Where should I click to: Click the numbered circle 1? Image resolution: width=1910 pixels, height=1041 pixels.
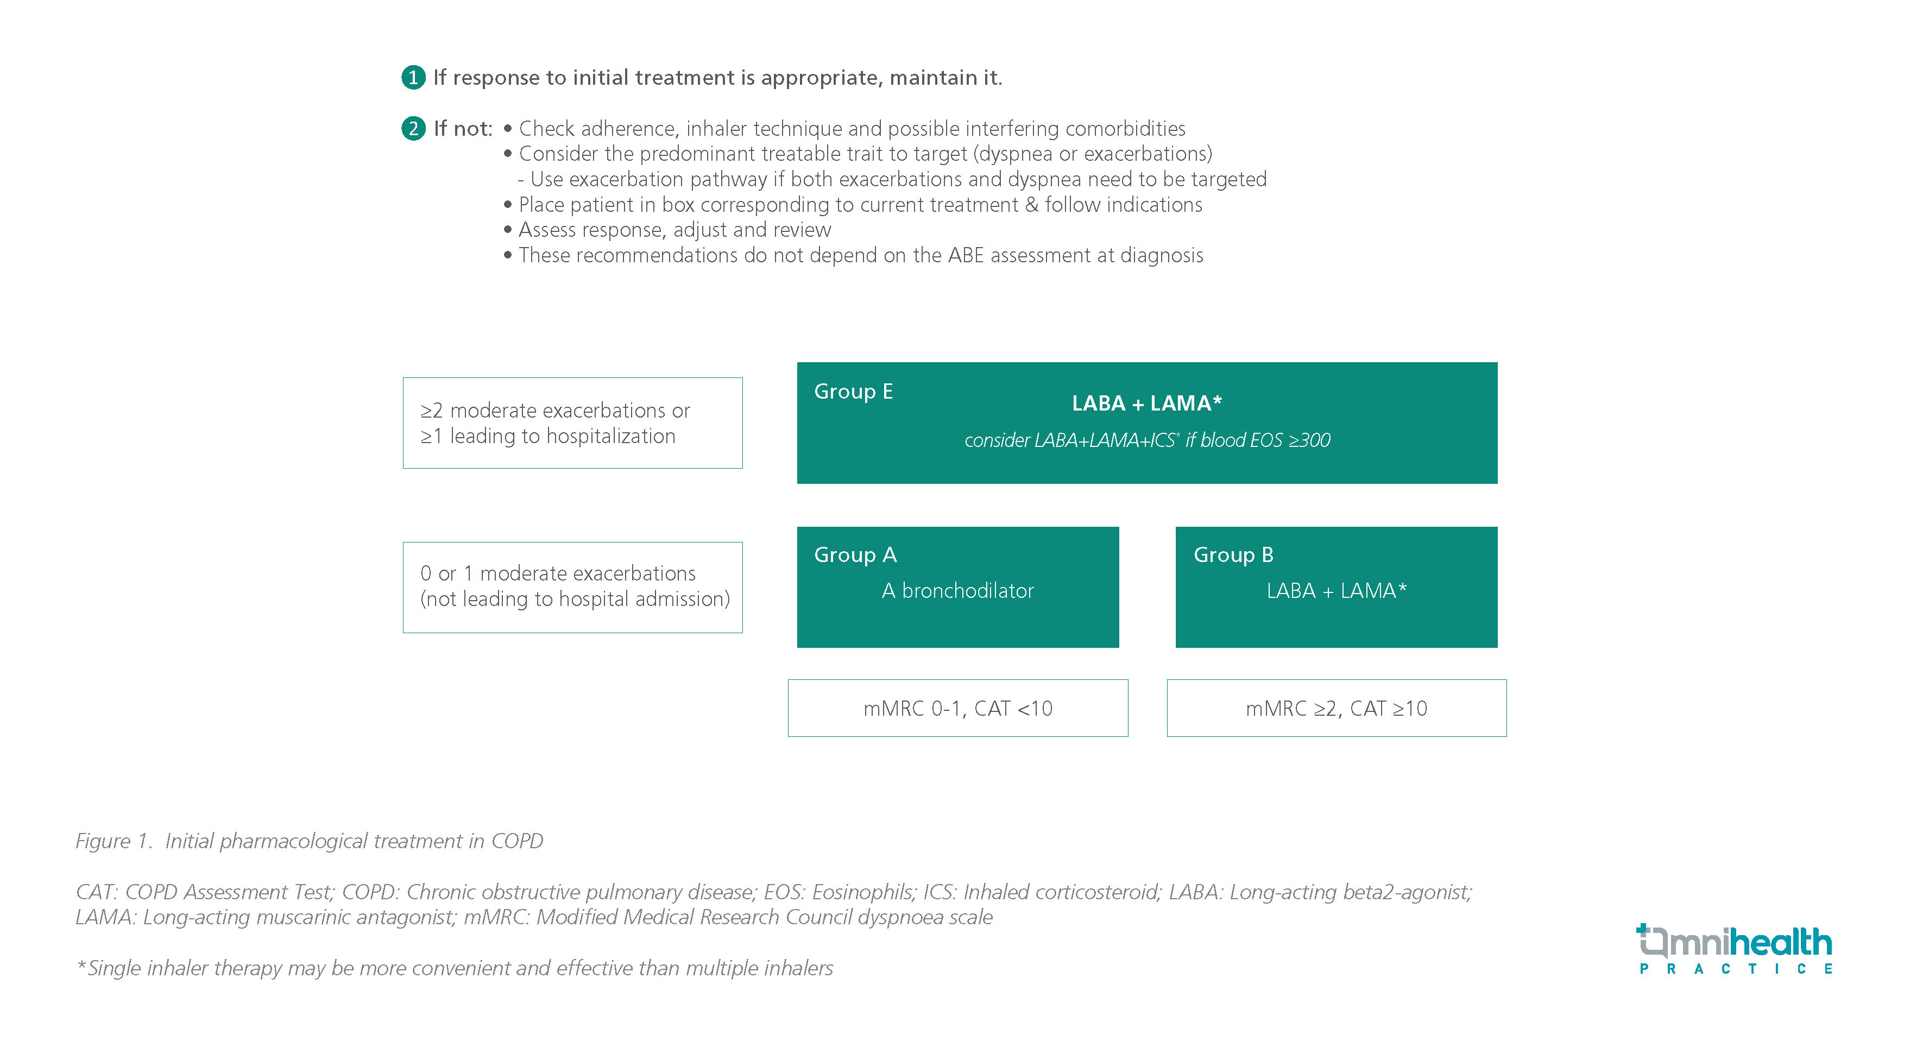click(413, 77)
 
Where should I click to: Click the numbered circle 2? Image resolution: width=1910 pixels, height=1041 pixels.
click(413, 128)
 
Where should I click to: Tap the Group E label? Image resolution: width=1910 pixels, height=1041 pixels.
click(853, 391)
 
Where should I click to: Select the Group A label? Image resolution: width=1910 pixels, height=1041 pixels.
click(855, 554)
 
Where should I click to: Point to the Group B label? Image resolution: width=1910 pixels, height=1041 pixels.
click(1233, 554)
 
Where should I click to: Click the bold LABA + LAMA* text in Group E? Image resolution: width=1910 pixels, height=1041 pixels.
click(1146, 403)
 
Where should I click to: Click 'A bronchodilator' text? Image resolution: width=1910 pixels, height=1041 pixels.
click(957, 591)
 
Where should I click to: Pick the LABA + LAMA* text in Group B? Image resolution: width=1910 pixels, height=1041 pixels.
click(1336, 591)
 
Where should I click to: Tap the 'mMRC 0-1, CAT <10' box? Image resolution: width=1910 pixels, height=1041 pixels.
click(957, 708)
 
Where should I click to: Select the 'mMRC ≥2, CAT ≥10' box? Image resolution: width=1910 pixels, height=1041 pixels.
click(1336, 708)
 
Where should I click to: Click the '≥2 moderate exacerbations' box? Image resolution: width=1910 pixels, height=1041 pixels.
click(572, 422)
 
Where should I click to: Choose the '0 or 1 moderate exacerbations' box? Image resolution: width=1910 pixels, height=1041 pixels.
click(572, 586)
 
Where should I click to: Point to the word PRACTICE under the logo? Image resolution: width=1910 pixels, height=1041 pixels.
click(1735, 969)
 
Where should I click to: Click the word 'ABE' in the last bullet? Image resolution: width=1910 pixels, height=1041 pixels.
click(966, 255)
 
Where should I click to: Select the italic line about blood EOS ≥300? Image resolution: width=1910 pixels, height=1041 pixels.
click(1146, 440)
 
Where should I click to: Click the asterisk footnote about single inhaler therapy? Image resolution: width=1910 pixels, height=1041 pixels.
click(455, 968)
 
